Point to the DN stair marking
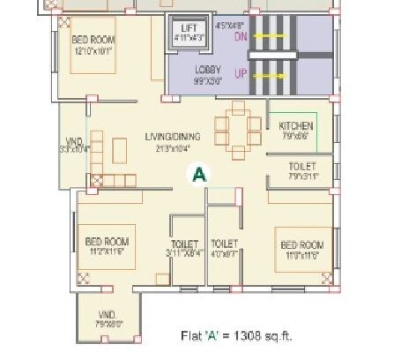(239, 38)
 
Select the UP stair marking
(239, 75)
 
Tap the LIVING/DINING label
(173, 136)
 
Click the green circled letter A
(200, 174)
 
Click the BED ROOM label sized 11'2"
(108, 240)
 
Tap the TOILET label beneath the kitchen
(302, 166)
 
